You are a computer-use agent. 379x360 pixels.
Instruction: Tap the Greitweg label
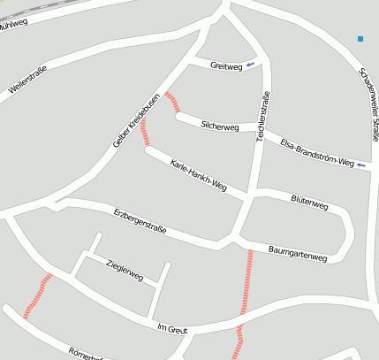point(226,66)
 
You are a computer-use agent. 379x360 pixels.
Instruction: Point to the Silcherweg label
point(220,126)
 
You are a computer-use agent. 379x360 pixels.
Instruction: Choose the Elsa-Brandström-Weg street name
point(316,152)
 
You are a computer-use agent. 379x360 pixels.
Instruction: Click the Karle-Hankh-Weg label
point(199,176)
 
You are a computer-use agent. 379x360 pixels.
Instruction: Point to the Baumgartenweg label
point(298,254)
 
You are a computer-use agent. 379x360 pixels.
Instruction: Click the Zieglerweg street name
point(124,271)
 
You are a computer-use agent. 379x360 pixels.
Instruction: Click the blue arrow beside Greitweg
point(252,65)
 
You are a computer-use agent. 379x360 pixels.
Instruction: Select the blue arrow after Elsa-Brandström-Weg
point(361,165)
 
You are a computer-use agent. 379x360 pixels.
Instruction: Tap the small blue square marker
point(360,39)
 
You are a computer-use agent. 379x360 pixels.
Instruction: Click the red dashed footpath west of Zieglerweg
point(37,295)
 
